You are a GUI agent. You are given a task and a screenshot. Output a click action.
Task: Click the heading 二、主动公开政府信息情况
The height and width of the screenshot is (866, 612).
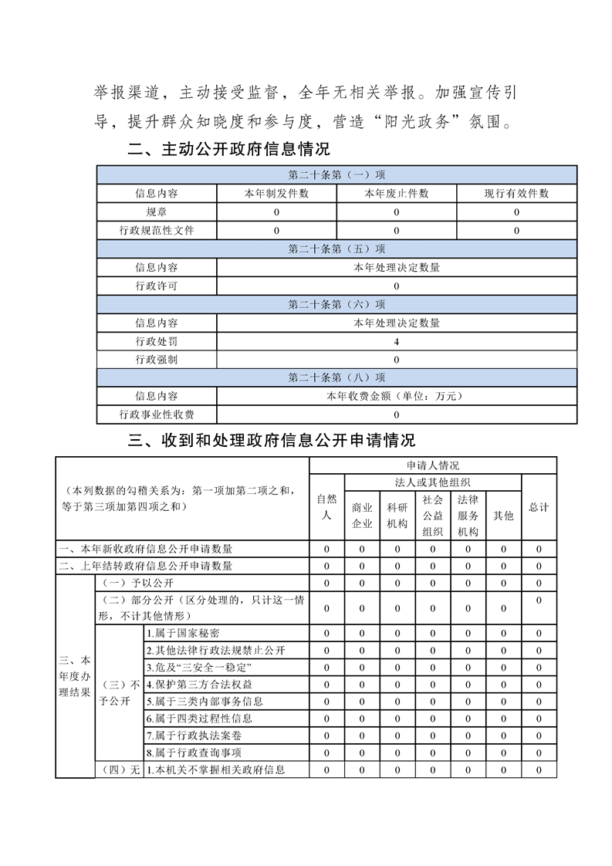228,149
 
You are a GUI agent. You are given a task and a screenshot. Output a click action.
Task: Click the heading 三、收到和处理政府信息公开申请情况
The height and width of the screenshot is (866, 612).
272,440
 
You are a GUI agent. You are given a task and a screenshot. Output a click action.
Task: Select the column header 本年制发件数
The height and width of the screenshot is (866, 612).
276,194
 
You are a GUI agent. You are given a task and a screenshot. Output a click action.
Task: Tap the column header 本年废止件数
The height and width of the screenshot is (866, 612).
397,194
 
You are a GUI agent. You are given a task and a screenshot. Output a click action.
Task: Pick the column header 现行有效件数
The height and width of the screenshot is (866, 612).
516,194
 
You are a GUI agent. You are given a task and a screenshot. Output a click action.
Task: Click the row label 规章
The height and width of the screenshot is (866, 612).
156,211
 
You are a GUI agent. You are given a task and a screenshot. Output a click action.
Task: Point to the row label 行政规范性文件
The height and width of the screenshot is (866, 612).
156,230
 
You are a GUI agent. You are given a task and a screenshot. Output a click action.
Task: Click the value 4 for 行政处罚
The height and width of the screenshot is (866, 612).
397,341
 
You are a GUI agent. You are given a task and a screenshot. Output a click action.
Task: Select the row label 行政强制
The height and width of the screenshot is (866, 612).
156,360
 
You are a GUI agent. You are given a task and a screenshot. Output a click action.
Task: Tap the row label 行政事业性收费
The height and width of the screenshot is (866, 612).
156,415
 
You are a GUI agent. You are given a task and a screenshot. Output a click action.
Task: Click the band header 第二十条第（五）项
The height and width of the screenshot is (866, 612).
336,249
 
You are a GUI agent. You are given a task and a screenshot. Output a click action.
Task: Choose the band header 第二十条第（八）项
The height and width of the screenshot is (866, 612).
336,377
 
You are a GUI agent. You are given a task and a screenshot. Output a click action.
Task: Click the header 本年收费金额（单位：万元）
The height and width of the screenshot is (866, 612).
397,396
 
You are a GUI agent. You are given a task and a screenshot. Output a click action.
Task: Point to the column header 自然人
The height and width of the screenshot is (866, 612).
326,507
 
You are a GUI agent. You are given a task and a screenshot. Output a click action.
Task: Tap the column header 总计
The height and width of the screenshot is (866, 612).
539,507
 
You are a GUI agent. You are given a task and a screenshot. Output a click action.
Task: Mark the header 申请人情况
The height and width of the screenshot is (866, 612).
432,465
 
